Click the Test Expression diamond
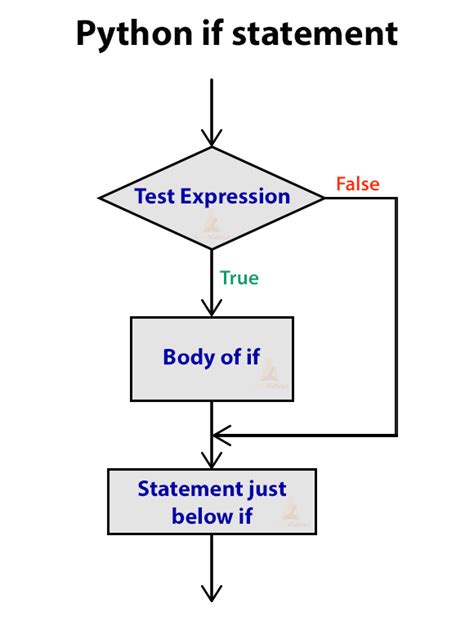coord(212,197)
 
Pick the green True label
coord(239,278)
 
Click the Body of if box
coord(212,357)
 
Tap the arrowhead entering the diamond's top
coord(212,136)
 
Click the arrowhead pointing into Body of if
coord(212,307)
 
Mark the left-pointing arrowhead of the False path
coord(222,435)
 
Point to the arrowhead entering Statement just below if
coord(212,459)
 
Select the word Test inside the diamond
coord(155,197)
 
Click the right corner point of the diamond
coord(324,197)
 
